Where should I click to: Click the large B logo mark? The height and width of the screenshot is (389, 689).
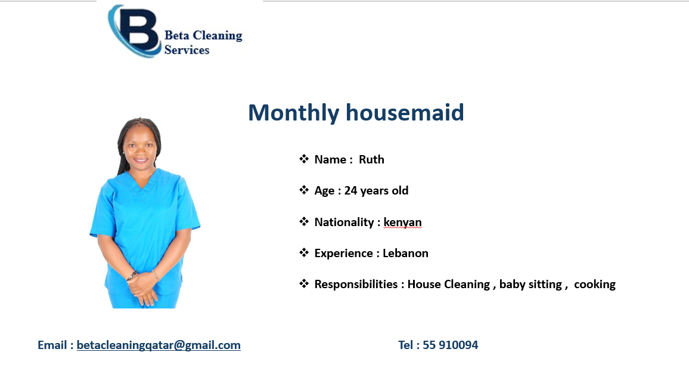(135, 31)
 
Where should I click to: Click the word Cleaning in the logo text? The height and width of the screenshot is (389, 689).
(218, 36)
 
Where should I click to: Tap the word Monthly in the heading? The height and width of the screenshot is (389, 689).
(294, 113)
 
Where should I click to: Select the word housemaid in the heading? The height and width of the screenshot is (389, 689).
(405, 112)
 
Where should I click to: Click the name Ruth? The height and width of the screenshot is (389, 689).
(371, 159)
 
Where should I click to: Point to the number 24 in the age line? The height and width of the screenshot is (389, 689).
(350, 190)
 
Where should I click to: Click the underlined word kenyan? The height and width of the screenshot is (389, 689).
(402, 222)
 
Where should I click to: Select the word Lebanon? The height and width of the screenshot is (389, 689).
(405, 253)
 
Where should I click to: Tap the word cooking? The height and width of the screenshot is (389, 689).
(594, 284)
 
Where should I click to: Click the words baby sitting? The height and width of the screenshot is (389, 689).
(530, 284)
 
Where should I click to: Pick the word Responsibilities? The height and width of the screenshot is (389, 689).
(356, 284)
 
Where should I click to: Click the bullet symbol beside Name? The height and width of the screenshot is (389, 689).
(304, 159)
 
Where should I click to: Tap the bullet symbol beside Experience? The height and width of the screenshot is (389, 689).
(304, 252)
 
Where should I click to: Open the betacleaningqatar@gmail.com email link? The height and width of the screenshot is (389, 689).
(159, 345)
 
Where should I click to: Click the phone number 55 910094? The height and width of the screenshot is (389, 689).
(451, 345)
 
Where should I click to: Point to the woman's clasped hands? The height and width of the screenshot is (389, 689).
(143, 286)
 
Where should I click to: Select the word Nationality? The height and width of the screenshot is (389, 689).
(344, 222)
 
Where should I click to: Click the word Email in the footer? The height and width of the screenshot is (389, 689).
(52, 345)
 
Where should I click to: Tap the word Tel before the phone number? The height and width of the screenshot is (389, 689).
(405, 345)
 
